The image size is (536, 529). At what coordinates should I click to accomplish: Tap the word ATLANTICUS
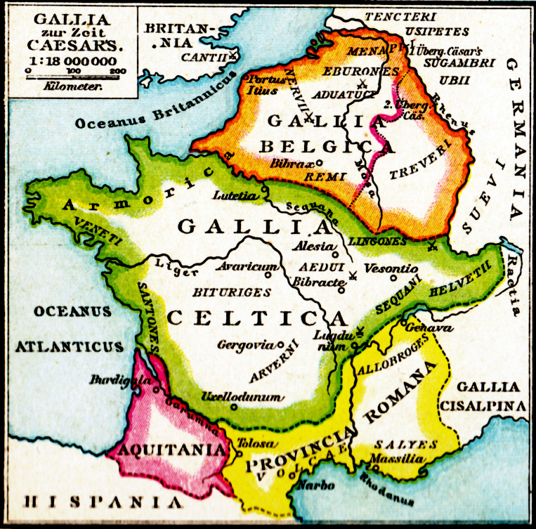coord(70,346)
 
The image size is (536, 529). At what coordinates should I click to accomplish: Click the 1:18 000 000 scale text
coord(72,62)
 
